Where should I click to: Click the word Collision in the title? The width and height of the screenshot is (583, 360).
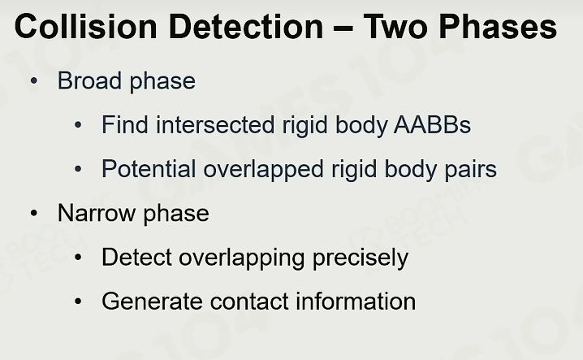[86, 26]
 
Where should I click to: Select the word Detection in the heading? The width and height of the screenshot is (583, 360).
[246, 26]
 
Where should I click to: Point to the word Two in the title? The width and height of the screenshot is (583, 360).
[395, 26]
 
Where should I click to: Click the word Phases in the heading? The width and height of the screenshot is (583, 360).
[498, 26]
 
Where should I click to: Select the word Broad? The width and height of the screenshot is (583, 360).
[89, 80]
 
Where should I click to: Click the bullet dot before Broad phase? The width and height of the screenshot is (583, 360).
[34, 80]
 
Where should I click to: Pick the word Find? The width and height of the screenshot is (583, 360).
[125, 124]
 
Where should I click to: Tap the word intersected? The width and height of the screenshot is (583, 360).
[216, 124]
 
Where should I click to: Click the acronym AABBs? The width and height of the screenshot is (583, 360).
[433, 124]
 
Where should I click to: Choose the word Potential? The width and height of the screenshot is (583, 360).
[149, 169]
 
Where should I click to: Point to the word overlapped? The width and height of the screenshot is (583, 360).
[264, 170]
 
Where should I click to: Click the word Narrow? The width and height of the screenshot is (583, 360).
[97, 213]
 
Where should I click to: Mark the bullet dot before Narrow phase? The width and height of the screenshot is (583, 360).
[34, 214]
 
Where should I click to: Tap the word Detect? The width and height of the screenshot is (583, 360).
[136, 257]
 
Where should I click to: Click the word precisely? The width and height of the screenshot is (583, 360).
[361, 258]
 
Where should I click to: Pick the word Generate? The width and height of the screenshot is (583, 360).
[152, 301]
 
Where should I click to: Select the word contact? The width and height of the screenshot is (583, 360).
[249, 301]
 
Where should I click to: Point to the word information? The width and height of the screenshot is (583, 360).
[356, 301]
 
